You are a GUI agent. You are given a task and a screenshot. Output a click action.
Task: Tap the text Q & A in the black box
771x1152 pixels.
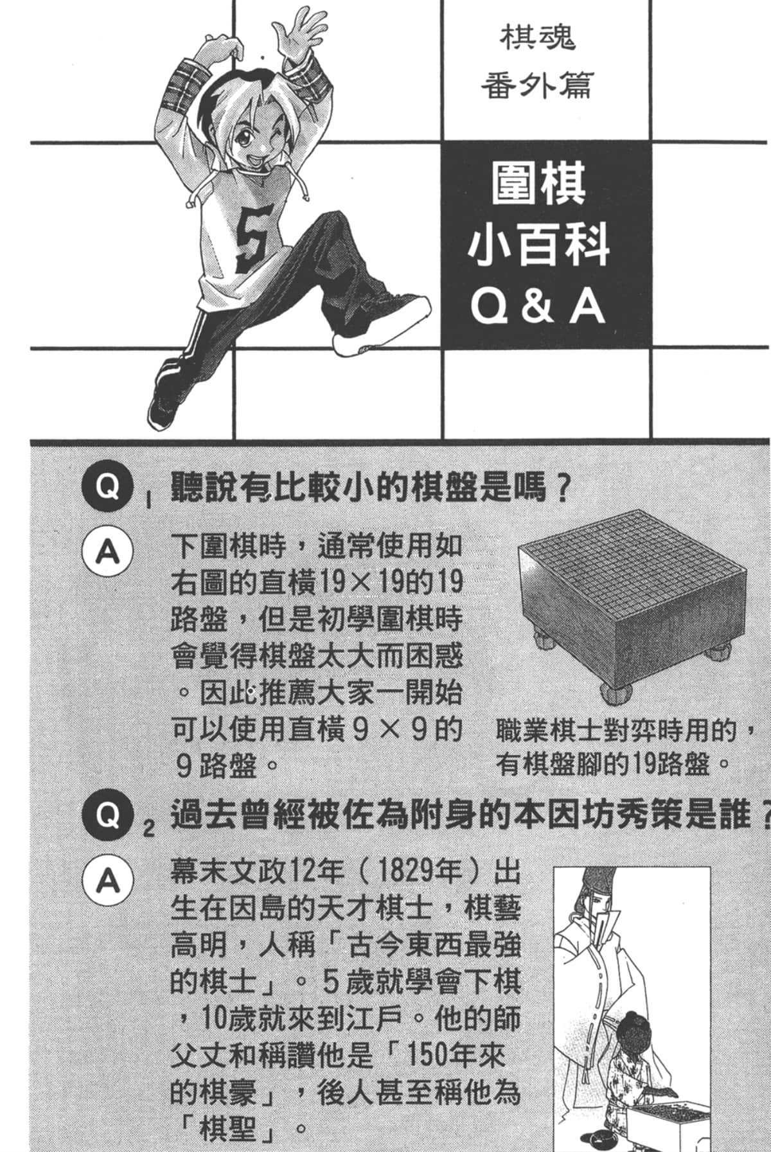pos(538,308)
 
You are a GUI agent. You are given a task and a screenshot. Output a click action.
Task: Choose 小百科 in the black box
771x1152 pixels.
pos(538,247)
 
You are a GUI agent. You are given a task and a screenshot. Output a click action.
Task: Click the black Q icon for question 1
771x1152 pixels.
pos(107,488)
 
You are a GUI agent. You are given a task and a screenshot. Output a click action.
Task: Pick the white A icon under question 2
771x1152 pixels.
pos(107,882)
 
